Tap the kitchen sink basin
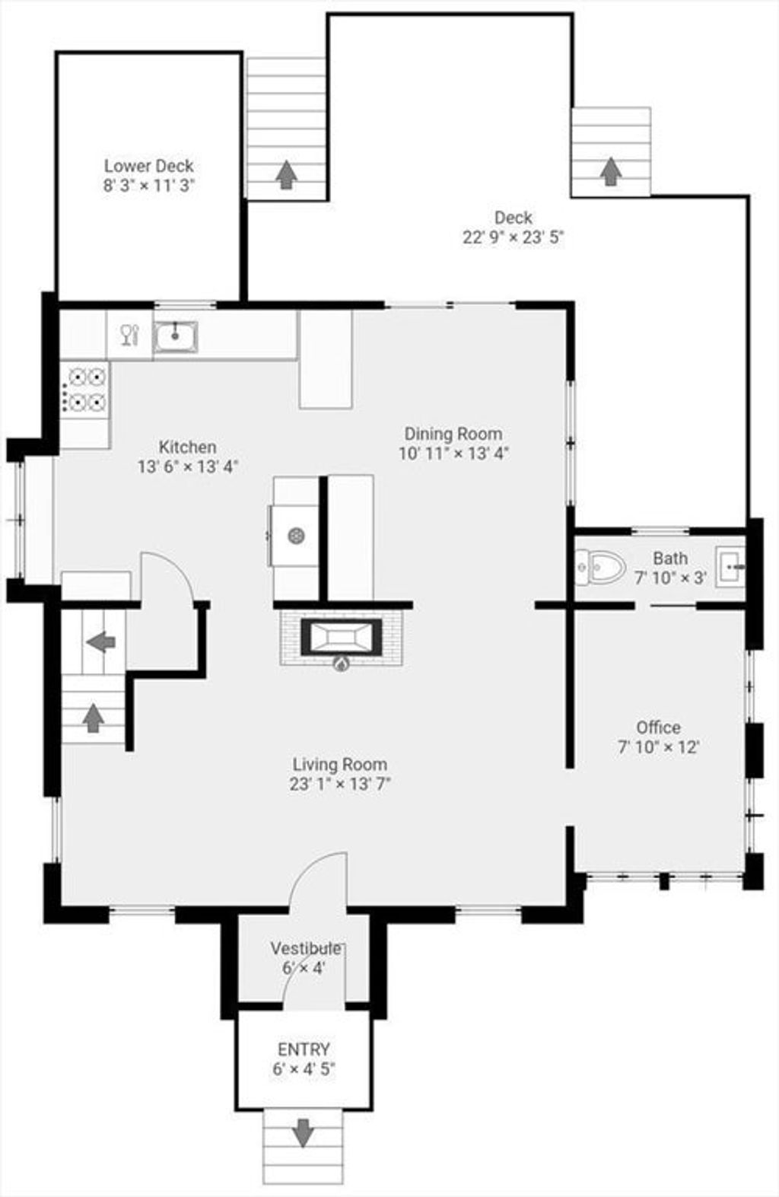tap(175, 336)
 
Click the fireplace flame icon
tap(341, 664)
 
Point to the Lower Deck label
tap(148, 166)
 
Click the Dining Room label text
tap(453, 434)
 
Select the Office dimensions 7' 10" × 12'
tap(659, 747)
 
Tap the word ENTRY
tap(304, 1049)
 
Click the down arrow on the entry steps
tap(303, 1132)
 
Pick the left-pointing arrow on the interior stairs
tap(101, 641)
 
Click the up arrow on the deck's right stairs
tap(610, 171)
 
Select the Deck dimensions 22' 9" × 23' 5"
tap(513, 237)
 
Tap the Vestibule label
tap(306, 948)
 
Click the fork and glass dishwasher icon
tap(130, 335)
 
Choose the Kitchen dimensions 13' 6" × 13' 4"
tap(188, 466)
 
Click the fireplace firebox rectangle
tap(341, 637)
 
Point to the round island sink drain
tap(296, 536)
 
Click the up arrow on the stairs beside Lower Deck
tap(286, 174)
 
